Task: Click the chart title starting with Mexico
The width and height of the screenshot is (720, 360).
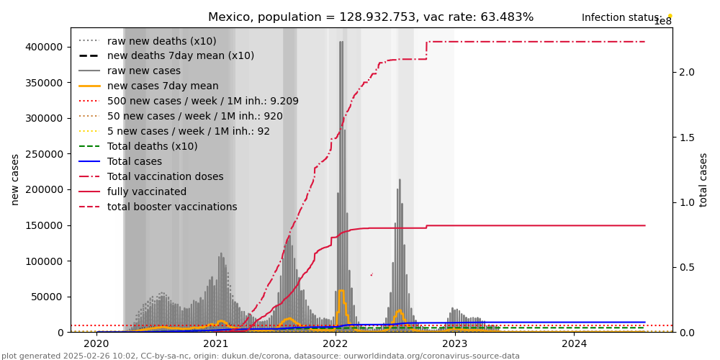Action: [x=371, y=17]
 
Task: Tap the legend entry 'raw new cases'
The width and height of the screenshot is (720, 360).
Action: [x=143, y=71]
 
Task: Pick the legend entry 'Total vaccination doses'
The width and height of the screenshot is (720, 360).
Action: [x=165, y=176]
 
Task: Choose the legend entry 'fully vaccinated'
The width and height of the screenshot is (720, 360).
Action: [x=147, y=192]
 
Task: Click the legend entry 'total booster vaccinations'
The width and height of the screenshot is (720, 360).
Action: [x=172, y=207]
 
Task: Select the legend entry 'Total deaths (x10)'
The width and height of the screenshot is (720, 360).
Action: [x=152, y=147]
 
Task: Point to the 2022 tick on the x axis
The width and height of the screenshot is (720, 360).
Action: [x=336, y=344]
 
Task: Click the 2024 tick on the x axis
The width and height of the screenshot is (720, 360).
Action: [x=574, y=344]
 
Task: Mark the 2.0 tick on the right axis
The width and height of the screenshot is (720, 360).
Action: [x=686, y=72]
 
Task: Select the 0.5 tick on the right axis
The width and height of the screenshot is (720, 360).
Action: [x=686, y=267]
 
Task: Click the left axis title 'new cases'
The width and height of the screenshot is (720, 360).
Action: [x=15, y=179]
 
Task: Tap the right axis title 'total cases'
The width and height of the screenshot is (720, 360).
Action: [x=704, y=179]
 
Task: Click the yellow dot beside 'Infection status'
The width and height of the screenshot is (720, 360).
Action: [x=670, y=16]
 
